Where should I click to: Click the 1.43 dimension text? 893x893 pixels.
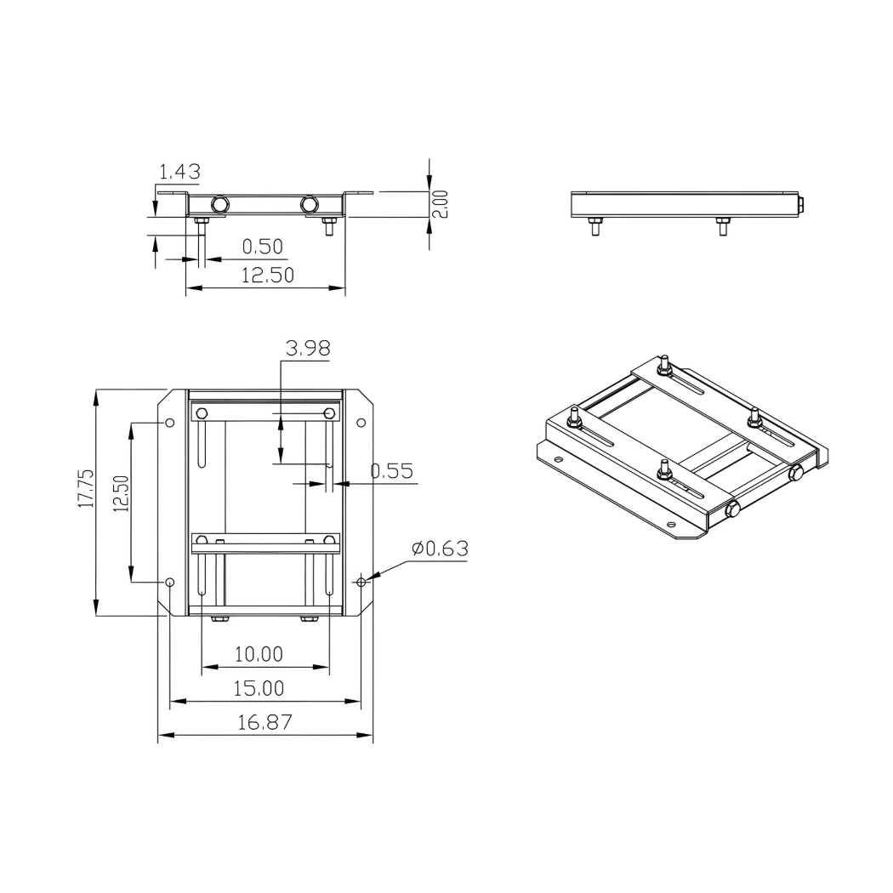coord(179,172)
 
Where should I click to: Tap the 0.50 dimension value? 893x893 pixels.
coord(262,247)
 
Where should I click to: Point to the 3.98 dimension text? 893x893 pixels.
coord(308,348)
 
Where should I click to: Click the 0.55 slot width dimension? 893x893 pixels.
coord(393,470)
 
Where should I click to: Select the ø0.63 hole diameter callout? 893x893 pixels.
coord(440,549)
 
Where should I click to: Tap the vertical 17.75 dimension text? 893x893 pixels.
coord(86,489)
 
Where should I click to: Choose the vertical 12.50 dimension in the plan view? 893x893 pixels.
coord(120,494)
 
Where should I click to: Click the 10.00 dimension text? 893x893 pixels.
coord(259,654)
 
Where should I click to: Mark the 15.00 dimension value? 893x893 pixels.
coord(259,688)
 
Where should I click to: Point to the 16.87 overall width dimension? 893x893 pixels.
coord(264,723)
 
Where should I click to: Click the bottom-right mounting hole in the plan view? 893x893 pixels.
coord(361,582)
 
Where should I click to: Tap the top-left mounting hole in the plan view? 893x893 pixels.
coord(169,423)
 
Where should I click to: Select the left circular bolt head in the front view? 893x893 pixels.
coord(220,204)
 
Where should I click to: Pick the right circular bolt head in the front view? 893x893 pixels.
coord(310,204)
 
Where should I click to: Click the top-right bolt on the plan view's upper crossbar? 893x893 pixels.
coord(330,414)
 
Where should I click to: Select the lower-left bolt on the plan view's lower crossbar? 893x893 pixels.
coord(202,541)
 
